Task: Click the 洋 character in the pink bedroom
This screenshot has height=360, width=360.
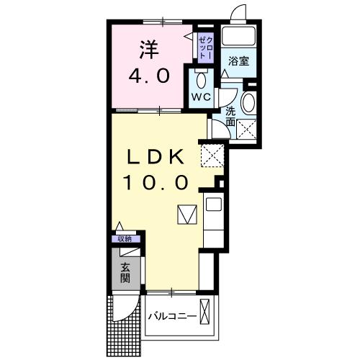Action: tap(148, 50)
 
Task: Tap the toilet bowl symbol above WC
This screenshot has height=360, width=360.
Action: tap(200, 78)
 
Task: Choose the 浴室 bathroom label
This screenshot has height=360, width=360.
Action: tap(239, 60)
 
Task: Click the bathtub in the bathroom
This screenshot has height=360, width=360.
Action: tap(238, 37)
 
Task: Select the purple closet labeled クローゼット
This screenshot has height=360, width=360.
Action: tap(204, 46)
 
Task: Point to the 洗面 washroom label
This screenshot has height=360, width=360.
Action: tap(230, 116)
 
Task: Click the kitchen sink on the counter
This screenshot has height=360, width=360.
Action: tap(214, 204)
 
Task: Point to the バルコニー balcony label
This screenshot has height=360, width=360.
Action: tap(173, 317)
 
